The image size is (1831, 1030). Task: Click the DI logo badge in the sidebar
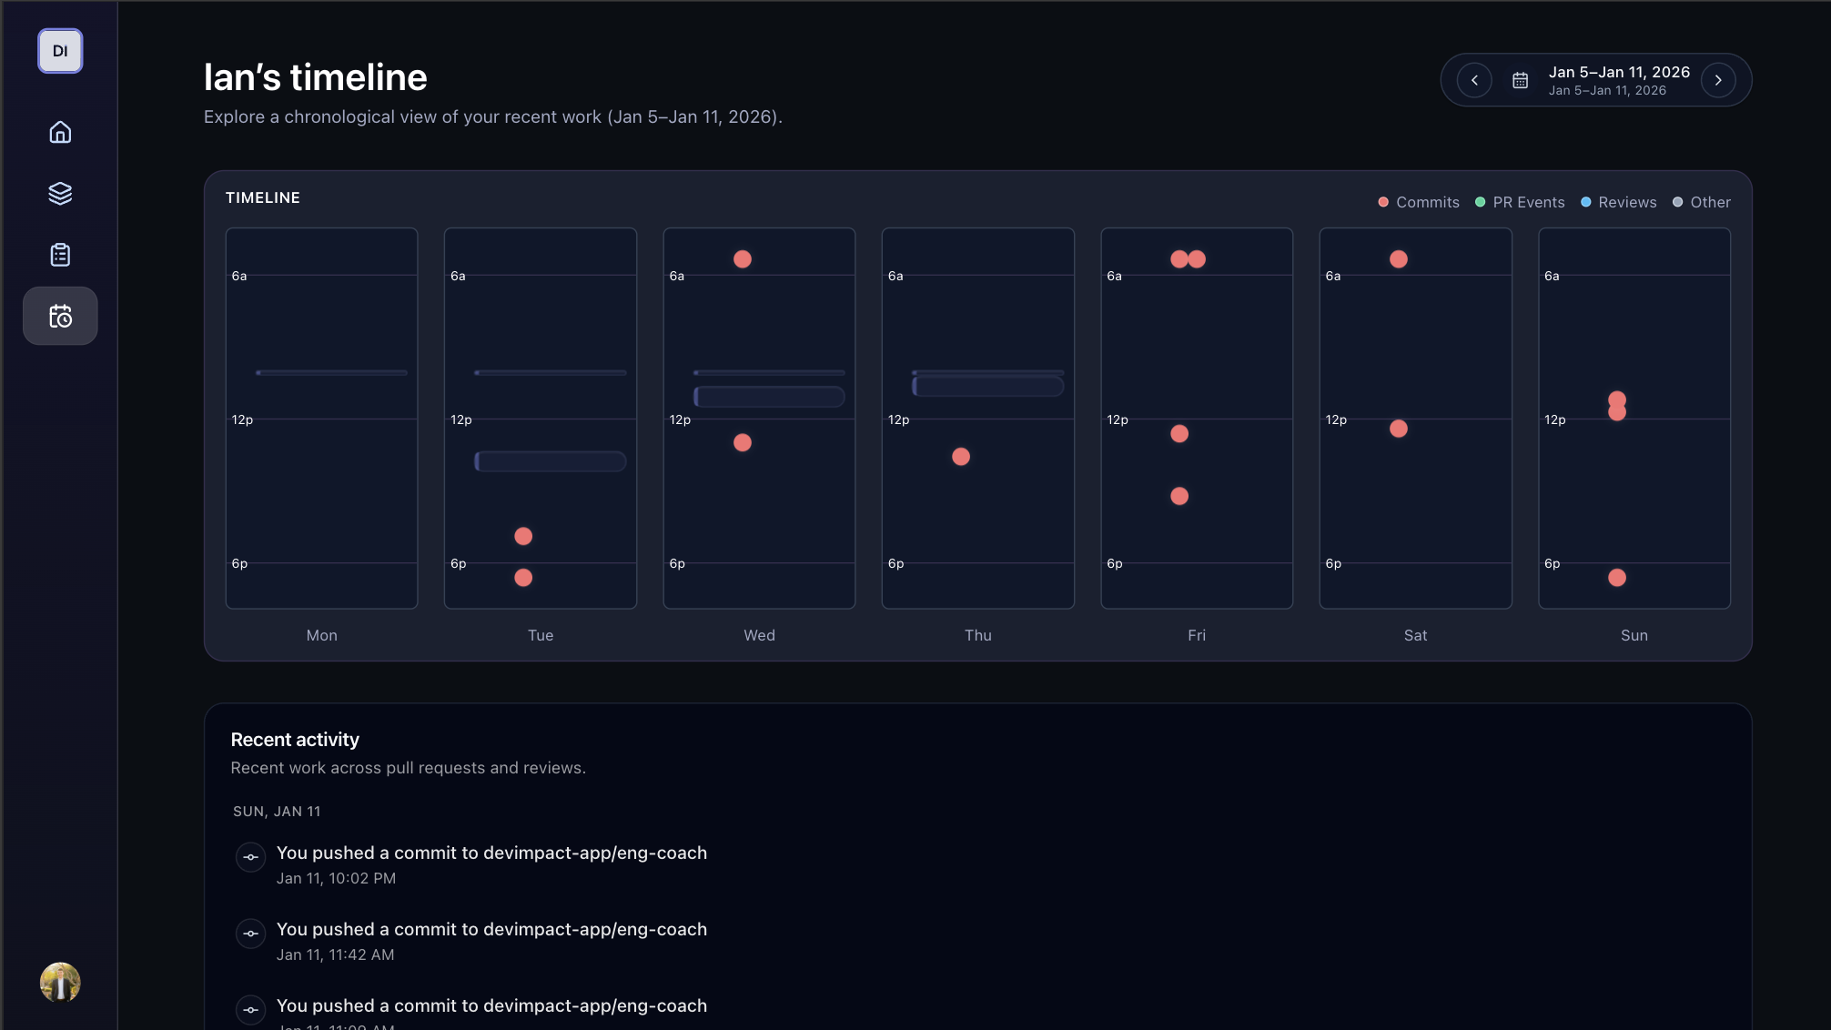(60, 51)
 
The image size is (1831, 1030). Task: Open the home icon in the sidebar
(60, 133)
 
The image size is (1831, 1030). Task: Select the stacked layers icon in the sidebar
(60, 194)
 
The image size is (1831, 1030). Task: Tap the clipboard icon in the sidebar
(60, 255)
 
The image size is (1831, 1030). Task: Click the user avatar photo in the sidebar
(60, 983)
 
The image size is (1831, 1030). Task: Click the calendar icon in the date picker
(1520, 80)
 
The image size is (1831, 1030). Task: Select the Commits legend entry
(1419, 202)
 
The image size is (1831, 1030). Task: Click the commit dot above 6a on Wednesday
(743, 259)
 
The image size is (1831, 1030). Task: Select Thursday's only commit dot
(961, 457)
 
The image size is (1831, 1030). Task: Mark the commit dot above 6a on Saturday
(1399, 259)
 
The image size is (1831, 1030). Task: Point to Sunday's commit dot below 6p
(1617, 578)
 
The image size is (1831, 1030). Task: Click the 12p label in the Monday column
(242, 419)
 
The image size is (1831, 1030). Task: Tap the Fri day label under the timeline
(1197, 635)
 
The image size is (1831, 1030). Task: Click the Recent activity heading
(295, 740)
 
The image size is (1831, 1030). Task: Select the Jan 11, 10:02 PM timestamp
(336, 878)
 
